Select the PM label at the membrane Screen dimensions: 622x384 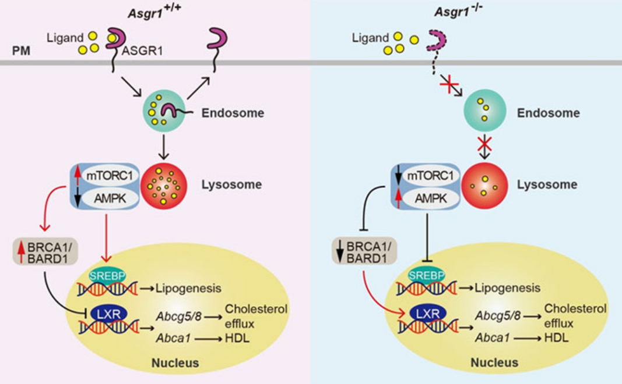21,51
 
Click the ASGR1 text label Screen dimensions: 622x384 142,51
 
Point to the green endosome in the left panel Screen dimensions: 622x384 163,111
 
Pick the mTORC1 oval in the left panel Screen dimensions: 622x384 109,175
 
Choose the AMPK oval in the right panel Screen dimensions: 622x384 431,198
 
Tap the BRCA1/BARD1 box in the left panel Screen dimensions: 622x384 45,252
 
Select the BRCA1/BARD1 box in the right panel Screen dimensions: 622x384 364,251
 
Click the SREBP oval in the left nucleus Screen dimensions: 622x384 107,276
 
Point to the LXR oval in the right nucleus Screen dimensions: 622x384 428,314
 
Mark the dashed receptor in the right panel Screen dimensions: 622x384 437,47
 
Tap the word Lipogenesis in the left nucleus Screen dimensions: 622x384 188,288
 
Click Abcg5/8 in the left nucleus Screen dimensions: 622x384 178,317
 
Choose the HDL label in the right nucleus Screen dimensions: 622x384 557,337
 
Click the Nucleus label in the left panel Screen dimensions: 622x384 175,362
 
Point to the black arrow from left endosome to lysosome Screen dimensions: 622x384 163,147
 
